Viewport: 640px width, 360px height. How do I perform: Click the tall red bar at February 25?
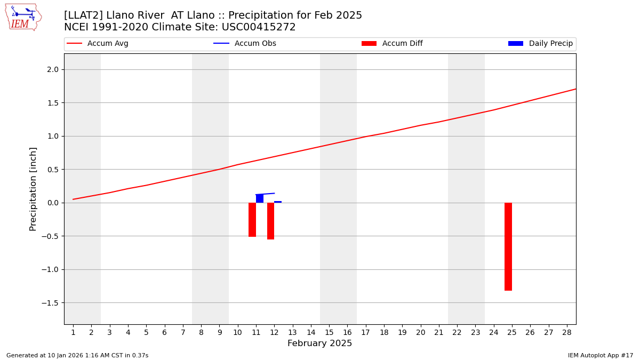coord(508,246)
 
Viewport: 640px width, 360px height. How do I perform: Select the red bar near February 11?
coord(252,220)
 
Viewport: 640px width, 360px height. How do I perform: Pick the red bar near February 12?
coord(270,221)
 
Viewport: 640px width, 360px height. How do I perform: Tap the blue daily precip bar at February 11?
coord(260,198)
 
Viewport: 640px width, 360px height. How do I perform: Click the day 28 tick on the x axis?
coord(566,332)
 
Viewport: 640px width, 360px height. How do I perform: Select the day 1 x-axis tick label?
coord(73,332)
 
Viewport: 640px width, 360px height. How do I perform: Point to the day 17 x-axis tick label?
coord(365,332)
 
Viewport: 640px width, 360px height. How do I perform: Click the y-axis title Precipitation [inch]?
coord(33,189)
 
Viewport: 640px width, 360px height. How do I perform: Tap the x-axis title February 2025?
coord(319,343)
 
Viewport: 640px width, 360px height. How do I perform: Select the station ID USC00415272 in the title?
coord(260,27)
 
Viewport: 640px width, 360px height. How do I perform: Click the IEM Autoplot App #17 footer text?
coord(601,355)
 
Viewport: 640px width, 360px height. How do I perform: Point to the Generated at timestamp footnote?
coord(77,355)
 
